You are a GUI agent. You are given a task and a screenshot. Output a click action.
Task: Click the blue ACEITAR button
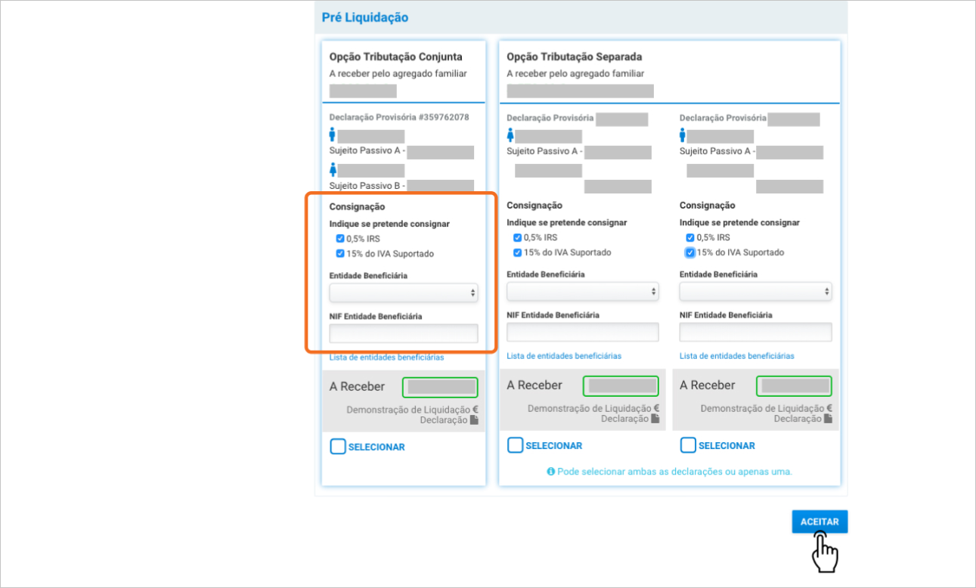pyautogui.click(x=820, y=521)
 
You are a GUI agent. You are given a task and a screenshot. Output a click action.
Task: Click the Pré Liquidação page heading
pyautogui.click(x=364, y=17)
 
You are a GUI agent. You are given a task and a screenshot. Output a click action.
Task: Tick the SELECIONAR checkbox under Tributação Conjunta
pyautogui.click(x=338, y=447)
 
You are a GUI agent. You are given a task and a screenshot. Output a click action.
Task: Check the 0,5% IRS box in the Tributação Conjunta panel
pyautogui.click(x=340, y=239)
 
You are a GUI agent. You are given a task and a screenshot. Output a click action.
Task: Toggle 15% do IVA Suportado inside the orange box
pyautogui.click(x=340, y=253)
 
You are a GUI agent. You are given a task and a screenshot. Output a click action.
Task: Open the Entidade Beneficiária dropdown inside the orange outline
pyautogui.click(x=404, y=292)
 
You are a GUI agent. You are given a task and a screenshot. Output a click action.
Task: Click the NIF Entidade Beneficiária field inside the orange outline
pyautogui.click(x=404, y=333)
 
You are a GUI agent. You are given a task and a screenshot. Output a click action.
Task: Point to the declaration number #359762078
pyautogui.click(x=444, y=117)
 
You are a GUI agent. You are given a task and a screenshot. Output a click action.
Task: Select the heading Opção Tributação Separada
pyautogui.click(x=574, y=57)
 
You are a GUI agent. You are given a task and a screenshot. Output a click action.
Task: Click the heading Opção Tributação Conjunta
pyautogui.click(x=395, y=57)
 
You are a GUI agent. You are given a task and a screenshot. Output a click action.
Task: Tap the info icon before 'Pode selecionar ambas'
pyautogui.click(x=550, y=472)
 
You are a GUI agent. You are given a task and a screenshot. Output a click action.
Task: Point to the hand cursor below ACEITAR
pyautogui.click(x=824, y=552)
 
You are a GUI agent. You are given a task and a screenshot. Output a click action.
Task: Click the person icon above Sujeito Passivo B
pyautogui.click(x=333, y=169)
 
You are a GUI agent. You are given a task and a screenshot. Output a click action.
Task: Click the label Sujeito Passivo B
pyautogui.click(x=364, y=186)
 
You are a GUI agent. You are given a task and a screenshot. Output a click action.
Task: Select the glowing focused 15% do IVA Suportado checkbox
pyautogui.click(x=689, y=252)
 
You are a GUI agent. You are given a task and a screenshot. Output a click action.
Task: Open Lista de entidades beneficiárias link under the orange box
pyautogui.click(x=386, y=357)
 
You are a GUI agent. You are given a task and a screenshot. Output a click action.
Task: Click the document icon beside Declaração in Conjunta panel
pyautogui.click(x=474, y=420)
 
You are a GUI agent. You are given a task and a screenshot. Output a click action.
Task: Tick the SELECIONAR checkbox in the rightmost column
pyautogui.click(x=688, y=445)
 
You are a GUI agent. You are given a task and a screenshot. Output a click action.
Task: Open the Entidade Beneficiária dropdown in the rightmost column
pyautogui.click(x=755, y=292)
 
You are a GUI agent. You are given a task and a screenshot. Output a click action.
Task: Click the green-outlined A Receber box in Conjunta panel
pyautogui.click(x=440, y=387)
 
